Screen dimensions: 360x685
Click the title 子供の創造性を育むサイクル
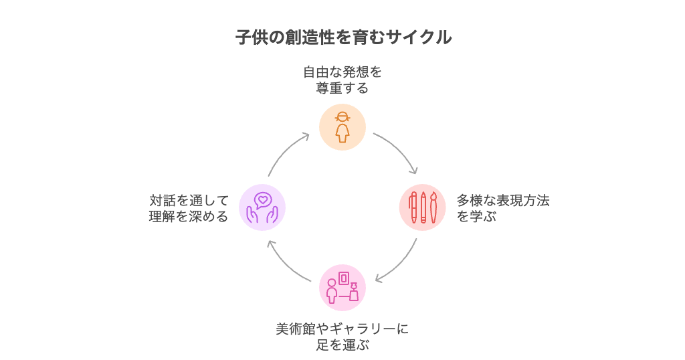(343, 37)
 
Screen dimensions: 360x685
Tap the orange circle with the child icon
(342, 126)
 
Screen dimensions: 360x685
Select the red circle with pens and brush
(423, 207)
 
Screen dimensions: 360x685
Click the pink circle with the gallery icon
(342, 288)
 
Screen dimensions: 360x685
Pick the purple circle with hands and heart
(262, 207)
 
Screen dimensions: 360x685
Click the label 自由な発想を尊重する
(342, 80)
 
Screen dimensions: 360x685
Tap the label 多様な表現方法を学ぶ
(502, 208)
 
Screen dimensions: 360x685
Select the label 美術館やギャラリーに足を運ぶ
(342, 337)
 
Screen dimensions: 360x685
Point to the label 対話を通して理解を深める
(189, 208)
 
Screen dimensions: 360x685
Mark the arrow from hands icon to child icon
(286, 151)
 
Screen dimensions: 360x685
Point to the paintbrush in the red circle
(433, 207)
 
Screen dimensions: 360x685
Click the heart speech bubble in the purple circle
(263, 199)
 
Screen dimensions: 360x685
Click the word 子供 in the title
(252, 37)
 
